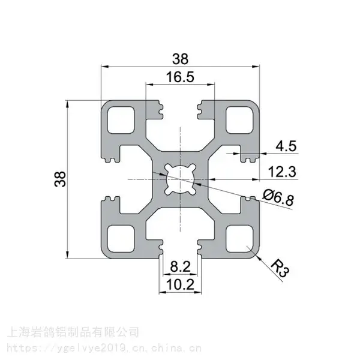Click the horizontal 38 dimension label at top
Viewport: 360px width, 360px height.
point(181,59)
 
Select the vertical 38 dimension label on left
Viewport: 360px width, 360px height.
point(60,179)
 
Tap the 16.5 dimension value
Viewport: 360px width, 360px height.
point(180,77)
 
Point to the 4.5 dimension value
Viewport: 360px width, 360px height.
point(286,146)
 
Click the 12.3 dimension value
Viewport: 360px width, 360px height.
point(282,172)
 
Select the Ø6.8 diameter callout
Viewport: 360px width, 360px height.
point(278,197)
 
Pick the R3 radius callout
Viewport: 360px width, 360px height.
point(280,268)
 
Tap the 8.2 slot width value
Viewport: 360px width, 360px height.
point(180,267)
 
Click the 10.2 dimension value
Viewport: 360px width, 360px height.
point(180,284)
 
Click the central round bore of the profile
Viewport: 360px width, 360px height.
point(180,179)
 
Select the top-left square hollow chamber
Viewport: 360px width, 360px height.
point(121,120)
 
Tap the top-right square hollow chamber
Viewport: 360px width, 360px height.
point(239,120)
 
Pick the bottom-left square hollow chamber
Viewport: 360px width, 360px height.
point(121,239)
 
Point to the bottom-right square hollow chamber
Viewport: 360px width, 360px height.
point(239,239)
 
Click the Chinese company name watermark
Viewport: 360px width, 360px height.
point(73,332)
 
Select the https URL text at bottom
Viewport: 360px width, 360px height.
point(104,348)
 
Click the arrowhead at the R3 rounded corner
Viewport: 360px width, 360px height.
point(259,257)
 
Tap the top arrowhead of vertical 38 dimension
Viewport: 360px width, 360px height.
point(67,104)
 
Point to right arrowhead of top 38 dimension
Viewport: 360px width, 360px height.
point(256,67)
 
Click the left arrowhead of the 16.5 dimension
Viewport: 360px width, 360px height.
point(149,85)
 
